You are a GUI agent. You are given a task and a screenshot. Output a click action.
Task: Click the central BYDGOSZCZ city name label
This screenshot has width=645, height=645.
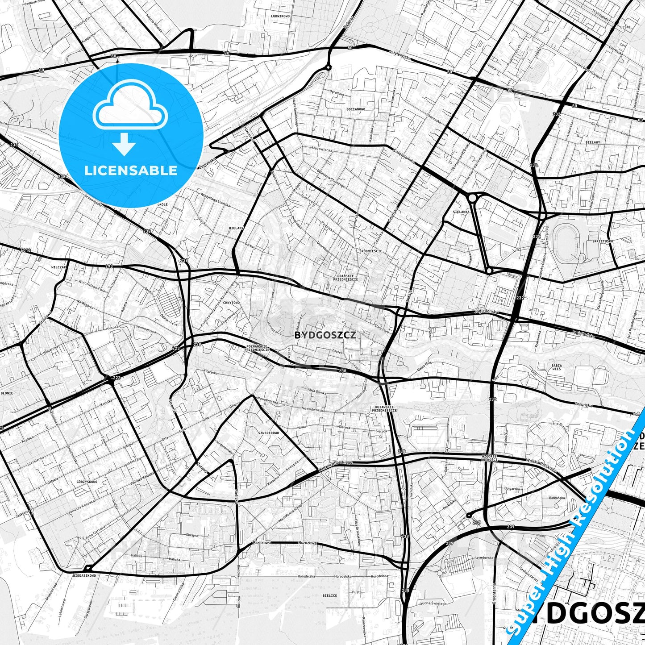(x=325, y=335)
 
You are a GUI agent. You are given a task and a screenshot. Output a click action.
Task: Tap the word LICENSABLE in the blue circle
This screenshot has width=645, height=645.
(x=131, y=171)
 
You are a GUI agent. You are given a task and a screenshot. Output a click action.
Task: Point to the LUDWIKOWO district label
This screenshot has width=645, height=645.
(x=280, y=16)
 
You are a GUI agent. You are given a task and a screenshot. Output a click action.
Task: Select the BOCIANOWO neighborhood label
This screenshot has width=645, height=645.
(x=355, y=109)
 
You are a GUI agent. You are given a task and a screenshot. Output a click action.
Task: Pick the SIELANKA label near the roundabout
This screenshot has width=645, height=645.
(x=461, y=212)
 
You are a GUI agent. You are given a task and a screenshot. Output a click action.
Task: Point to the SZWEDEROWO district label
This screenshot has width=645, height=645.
(x=269, y=433)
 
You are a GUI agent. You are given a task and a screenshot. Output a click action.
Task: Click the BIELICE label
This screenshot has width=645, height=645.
(x=330, y=595)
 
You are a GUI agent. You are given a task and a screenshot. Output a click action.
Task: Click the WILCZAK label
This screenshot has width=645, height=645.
(x=59, y=267)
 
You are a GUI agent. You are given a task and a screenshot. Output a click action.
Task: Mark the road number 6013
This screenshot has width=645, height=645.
(x=25, y=250)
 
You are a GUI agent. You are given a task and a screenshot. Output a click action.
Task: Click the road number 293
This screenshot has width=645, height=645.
(x=109, y=266)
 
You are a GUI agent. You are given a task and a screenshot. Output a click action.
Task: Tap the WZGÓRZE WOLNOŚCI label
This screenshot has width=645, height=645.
(x=490, y=458)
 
